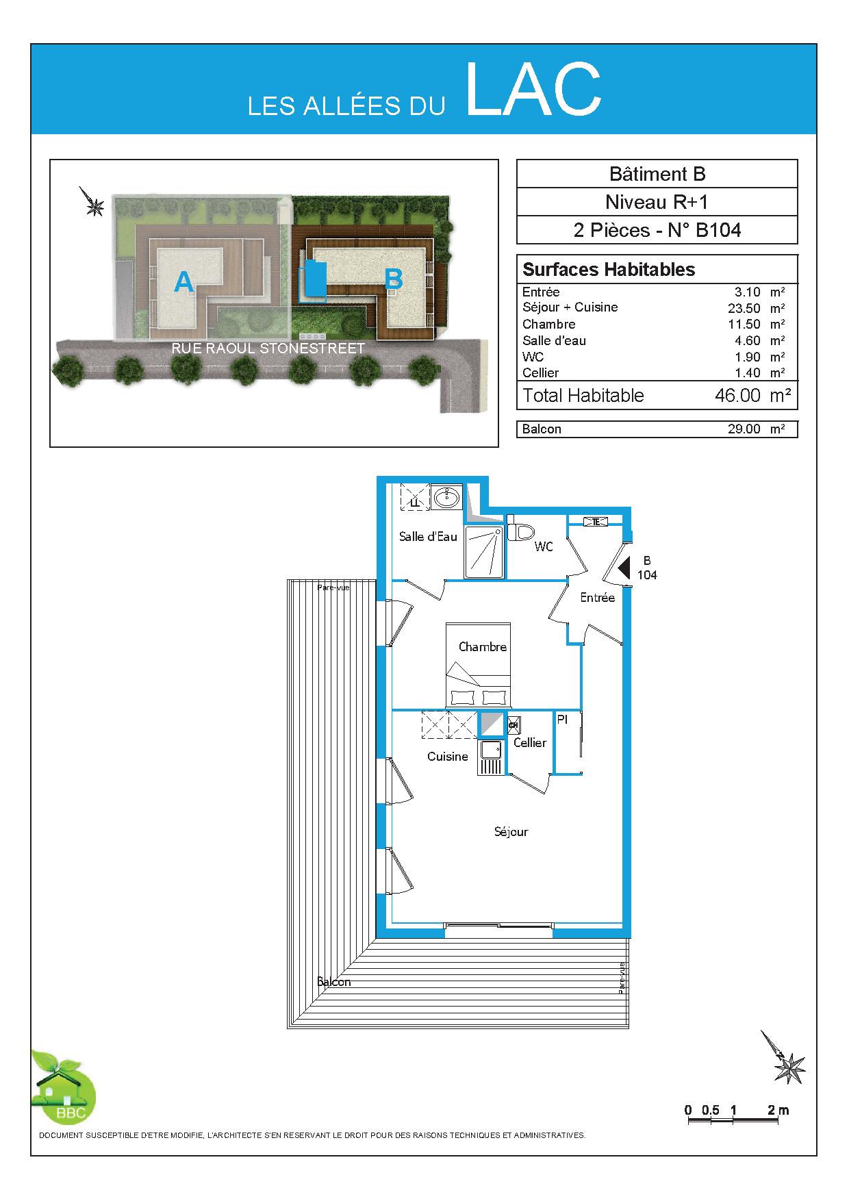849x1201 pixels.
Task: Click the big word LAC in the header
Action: tap(534, 89)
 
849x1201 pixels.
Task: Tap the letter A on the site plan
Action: tap(183, 281)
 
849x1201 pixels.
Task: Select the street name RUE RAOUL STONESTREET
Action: tap(268, 349)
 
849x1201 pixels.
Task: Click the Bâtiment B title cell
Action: tap(657, 174)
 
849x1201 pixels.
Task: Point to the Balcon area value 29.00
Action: tap(744, 429)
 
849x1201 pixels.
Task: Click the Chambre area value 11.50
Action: tap(744, 324)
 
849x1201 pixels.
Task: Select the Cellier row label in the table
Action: tap(540, 373)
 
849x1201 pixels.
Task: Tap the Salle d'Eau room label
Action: tap(428, 537)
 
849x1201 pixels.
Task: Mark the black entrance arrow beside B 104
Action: tap(624, 568)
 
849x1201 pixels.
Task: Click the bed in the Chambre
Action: tap(479, 665)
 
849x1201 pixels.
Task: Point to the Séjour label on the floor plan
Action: tap(511, 832)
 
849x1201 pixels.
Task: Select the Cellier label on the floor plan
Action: tap(530, 743)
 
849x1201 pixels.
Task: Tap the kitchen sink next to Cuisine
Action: tap(491, 757)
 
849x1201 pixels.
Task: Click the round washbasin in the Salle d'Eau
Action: tap(448, 496)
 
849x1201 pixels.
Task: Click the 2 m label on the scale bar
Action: tap(778, 1111)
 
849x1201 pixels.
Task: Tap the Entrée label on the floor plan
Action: tap(598, 598)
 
